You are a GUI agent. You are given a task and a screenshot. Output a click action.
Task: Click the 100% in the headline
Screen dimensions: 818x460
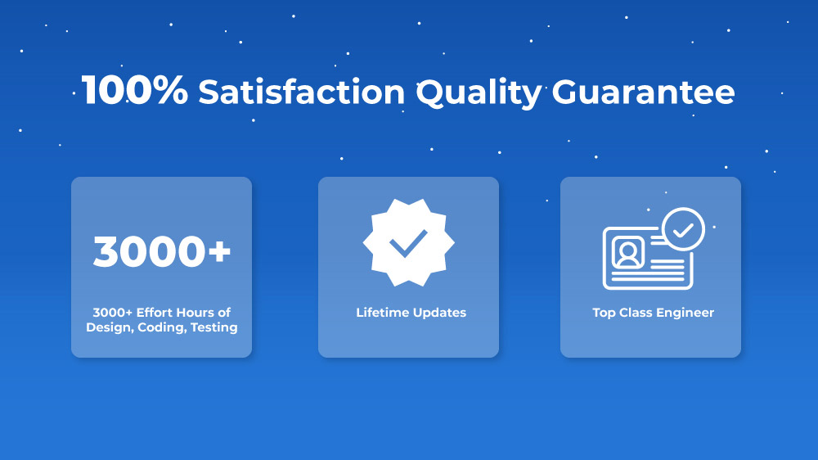coord(135,90)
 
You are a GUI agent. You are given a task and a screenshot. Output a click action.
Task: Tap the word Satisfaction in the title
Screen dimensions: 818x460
coord(302,92)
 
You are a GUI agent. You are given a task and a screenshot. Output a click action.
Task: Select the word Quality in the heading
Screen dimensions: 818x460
coord(479,94)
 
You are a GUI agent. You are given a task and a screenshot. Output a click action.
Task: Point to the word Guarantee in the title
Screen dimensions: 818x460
coord(643,92)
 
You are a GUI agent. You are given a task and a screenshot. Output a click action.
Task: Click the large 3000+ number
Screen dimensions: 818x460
coord(162,251)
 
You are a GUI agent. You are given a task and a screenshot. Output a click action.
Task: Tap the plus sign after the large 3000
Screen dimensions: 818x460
coord(219,251)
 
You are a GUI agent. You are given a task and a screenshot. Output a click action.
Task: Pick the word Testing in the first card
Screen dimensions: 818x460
coord(213,327)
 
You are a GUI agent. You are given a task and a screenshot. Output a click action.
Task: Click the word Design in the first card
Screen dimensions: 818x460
coord(110,327)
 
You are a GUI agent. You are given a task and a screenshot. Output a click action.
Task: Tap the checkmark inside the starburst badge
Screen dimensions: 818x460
coord(408,243)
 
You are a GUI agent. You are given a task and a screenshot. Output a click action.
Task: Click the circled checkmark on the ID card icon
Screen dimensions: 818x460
coord(683,230)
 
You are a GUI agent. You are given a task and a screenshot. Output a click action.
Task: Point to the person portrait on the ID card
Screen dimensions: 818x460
coord(628,253)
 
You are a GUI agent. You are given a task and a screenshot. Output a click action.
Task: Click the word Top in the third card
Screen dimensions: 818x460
coord(605,313)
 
